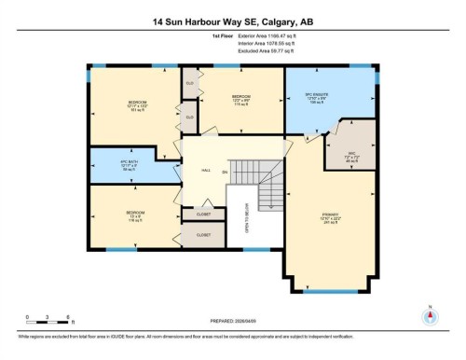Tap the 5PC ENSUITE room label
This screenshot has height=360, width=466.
point(316,98)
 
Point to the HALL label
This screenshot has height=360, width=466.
point(207,170)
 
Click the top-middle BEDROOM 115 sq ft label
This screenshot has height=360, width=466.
point(240,99)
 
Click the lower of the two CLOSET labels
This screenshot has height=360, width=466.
point(203,235)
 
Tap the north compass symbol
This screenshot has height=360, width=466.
point(429,316)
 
